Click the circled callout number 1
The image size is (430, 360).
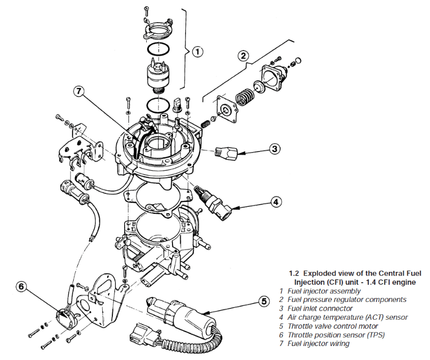point(198,52)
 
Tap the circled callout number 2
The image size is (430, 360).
point(243,55)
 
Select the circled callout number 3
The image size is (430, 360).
point(274,148)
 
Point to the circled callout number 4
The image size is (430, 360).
point(275,202)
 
